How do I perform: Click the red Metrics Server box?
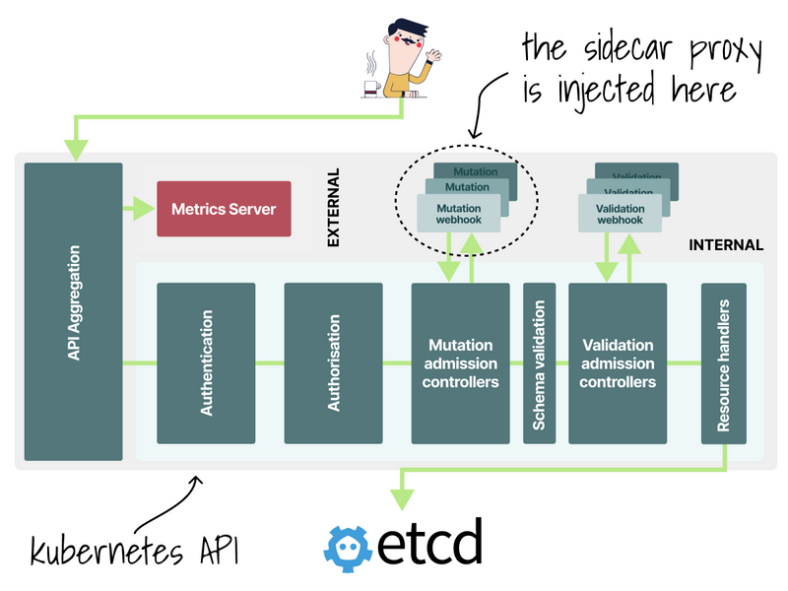point(224,209)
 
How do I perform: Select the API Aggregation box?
point(73,311)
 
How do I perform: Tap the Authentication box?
point(206,363)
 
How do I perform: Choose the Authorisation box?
point(333,363)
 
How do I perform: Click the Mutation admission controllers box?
point(460,363)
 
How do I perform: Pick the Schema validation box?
point(539,363)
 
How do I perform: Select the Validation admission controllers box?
point(618,363)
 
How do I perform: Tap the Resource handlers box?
point(724,363)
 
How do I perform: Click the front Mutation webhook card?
point(459,214)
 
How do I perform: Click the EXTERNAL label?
point(333,207)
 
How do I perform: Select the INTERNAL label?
point(726,245)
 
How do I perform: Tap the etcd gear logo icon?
point(351,546)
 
